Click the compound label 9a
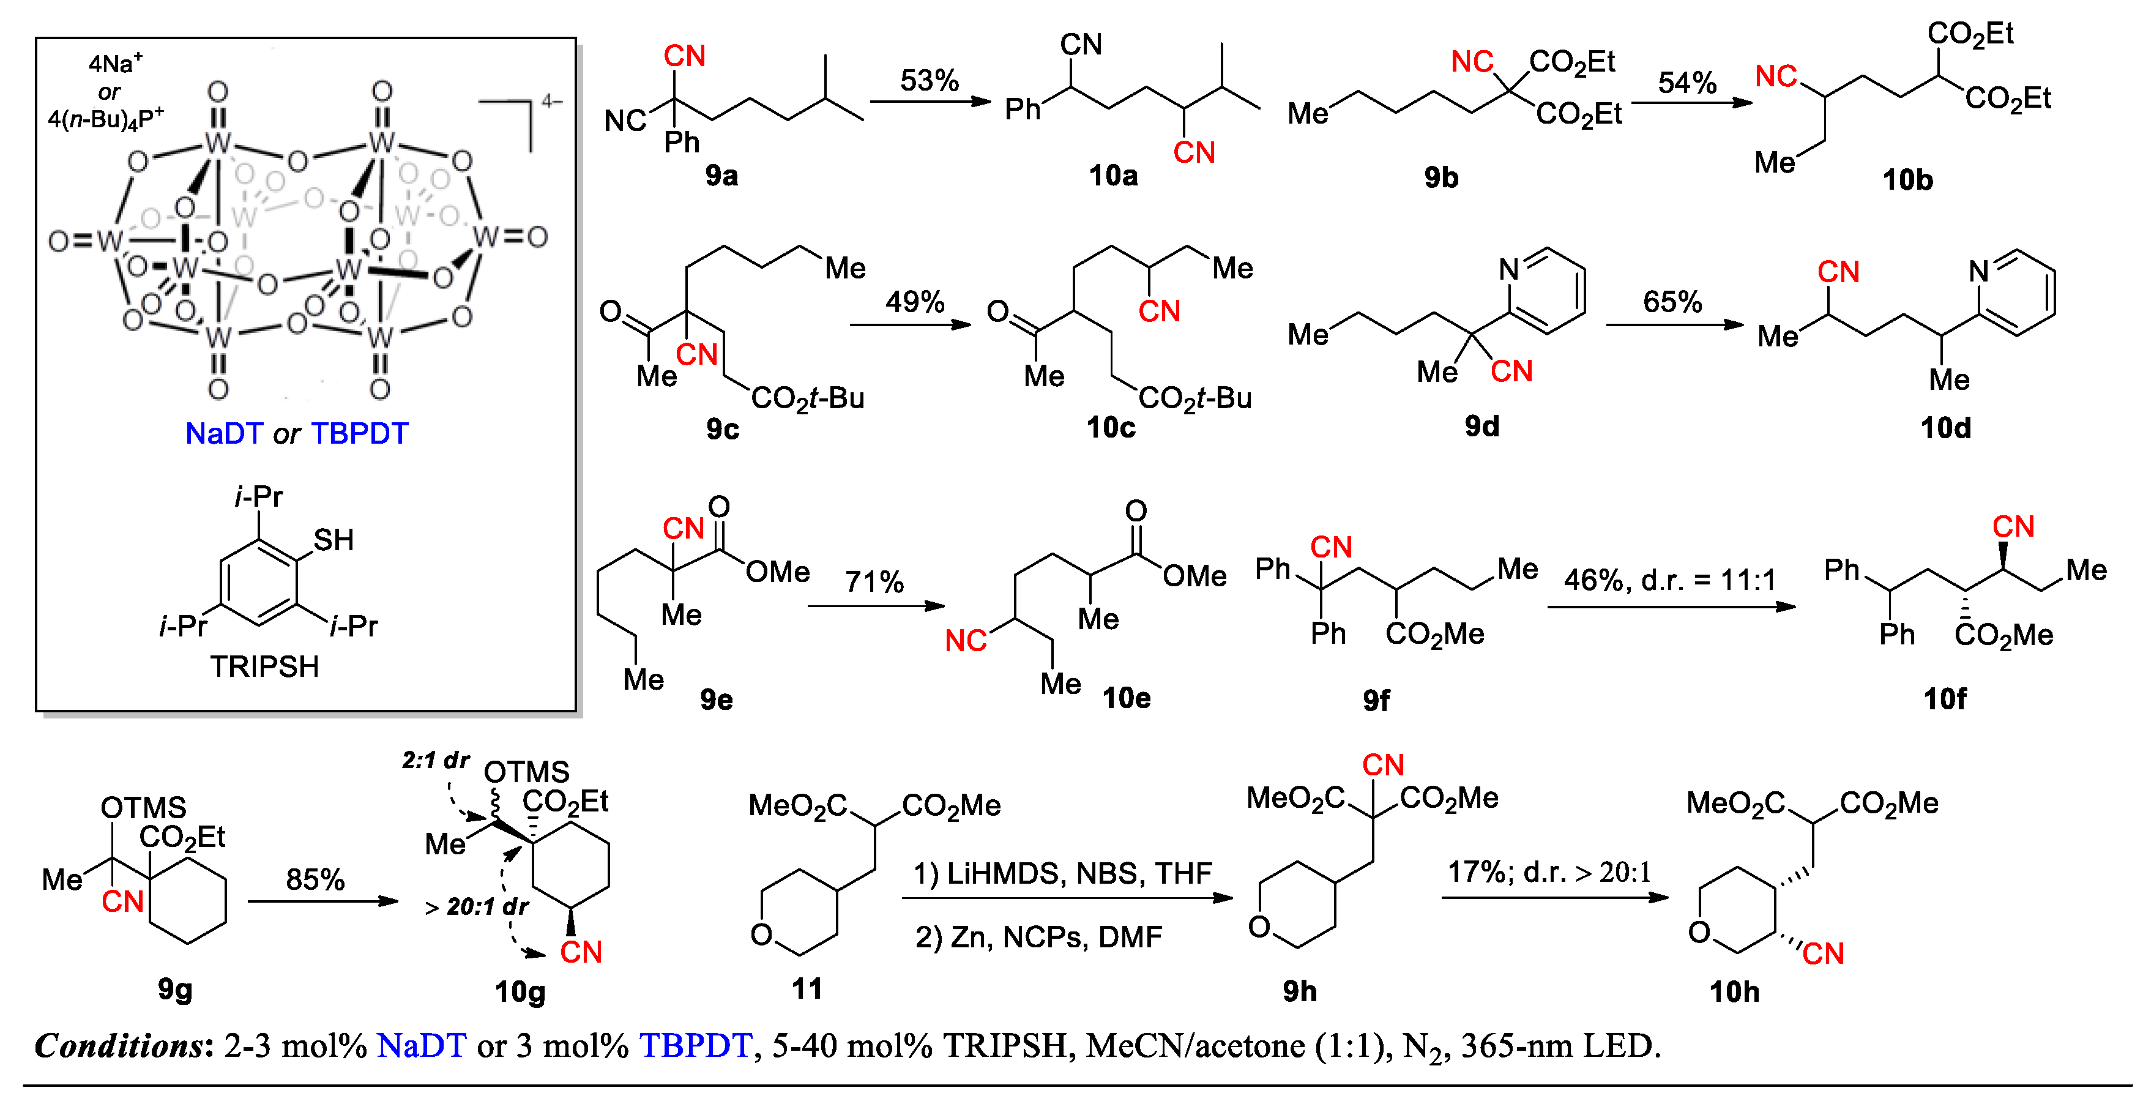click(721, 176)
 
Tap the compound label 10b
click(1907, 181)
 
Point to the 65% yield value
click(1672, 302)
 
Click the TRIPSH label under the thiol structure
click(264, 666)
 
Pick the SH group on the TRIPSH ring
click(334, 540)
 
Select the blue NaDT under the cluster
click(223, 433)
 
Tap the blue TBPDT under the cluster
click(360, 433)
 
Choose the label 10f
click(1944, 698)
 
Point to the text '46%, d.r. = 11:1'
click(1669, 580)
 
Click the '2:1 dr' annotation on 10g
click(435, 760)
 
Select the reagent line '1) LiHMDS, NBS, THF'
click(1062, 874)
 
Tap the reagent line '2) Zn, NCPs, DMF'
click(1038, 938)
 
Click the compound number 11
click(807, 990)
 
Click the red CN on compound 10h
click(1823, 953)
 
